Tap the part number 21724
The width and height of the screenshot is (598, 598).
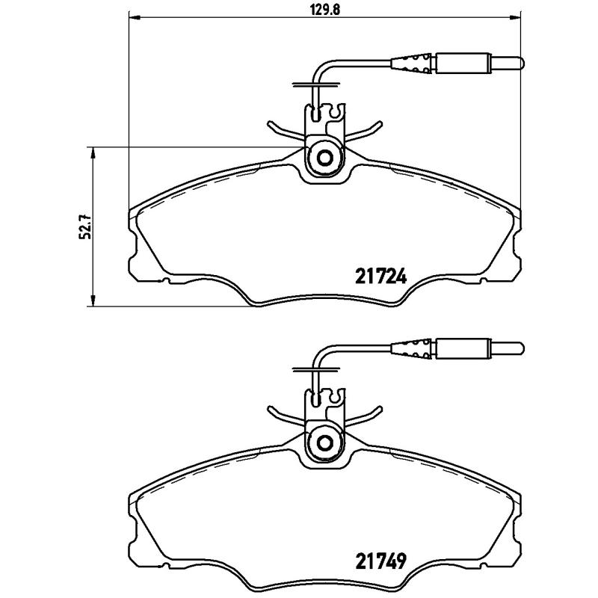tap(378, 277)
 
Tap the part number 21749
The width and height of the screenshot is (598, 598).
tap(378, 561)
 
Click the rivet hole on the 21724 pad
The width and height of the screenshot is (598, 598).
tap(325, 158)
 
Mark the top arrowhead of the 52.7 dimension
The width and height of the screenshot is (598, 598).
tap(92, 152)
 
